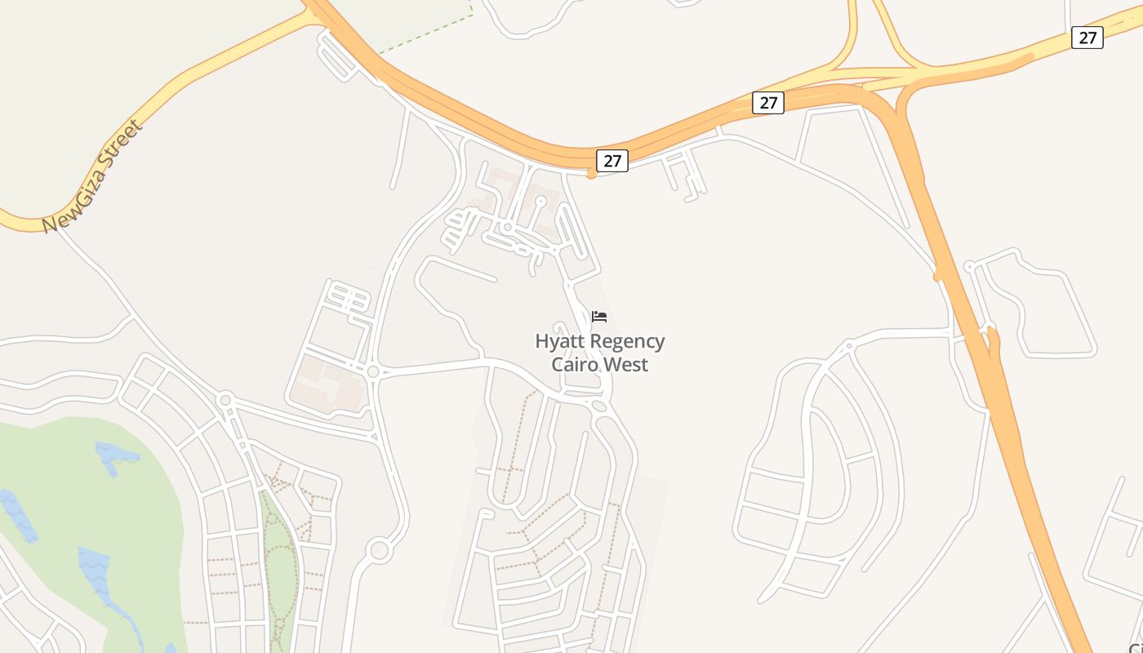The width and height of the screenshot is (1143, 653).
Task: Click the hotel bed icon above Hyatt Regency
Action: point(599,317)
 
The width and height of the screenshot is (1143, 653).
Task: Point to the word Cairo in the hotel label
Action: point(576,364)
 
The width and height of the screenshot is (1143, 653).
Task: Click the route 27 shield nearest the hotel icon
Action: point(612,161)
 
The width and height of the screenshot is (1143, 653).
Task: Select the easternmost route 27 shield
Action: point(1087,38)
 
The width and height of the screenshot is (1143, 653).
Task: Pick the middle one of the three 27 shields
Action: point(767,103)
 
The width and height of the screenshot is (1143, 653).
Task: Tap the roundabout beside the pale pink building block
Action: point(373,371)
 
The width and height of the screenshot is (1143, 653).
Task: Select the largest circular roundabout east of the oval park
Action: point(379,549)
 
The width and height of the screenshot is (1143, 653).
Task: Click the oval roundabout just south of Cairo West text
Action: point(599,406)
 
